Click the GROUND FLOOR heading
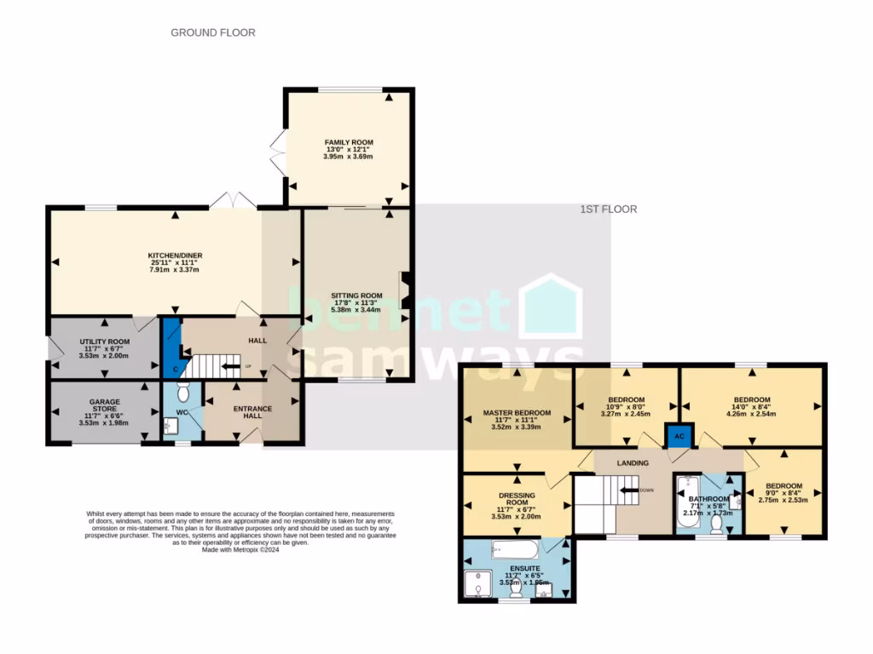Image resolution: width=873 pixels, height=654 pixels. pos(212,32)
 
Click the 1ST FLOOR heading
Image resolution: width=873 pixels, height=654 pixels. pos(609,209)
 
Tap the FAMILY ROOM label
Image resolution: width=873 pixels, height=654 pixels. pos(349,142)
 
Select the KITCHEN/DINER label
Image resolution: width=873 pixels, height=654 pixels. pos(174,255)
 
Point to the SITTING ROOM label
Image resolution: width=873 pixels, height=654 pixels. pos(356,295)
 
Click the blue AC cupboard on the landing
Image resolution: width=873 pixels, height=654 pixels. pos(679,434)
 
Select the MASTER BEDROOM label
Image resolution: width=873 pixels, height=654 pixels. pos(517,413)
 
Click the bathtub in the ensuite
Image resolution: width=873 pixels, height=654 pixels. pos(504,548)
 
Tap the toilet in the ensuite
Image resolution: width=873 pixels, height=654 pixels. pos(517,588)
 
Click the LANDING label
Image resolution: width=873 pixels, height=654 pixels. pos(633,462)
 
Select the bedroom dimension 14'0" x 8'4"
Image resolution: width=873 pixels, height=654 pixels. pos(752,408)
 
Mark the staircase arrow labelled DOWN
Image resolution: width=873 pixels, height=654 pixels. pos(633,490)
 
